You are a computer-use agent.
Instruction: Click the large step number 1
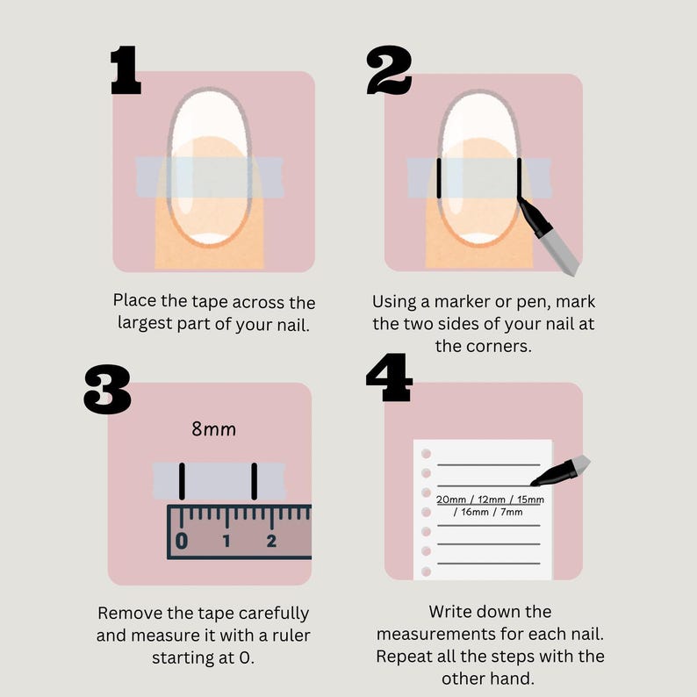click(126, 70)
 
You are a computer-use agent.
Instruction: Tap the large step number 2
click(389, 70)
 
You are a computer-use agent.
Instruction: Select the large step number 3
click(107, 390)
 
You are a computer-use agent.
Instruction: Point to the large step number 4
click(389, 377)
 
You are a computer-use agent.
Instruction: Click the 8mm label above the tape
click(214, 429)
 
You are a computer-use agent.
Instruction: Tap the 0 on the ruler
click(182, 541)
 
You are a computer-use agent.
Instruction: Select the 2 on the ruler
click(271, 541)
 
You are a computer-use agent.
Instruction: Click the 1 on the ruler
click(226, 541)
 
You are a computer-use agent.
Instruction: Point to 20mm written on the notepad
click(450, 499)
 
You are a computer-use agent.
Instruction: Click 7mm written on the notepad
click(512, 512)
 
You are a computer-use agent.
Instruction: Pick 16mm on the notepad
click(475, 512)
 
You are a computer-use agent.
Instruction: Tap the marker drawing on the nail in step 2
click(549, 237)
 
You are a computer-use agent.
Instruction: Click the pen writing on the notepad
click(561, 471)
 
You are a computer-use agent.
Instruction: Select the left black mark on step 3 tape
click(182, 481)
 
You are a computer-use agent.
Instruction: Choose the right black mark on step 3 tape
click(255, 481)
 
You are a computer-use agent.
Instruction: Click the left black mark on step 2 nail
click(439, 178)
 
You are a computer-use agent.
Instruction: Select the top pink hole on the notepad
click(426, 454)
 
